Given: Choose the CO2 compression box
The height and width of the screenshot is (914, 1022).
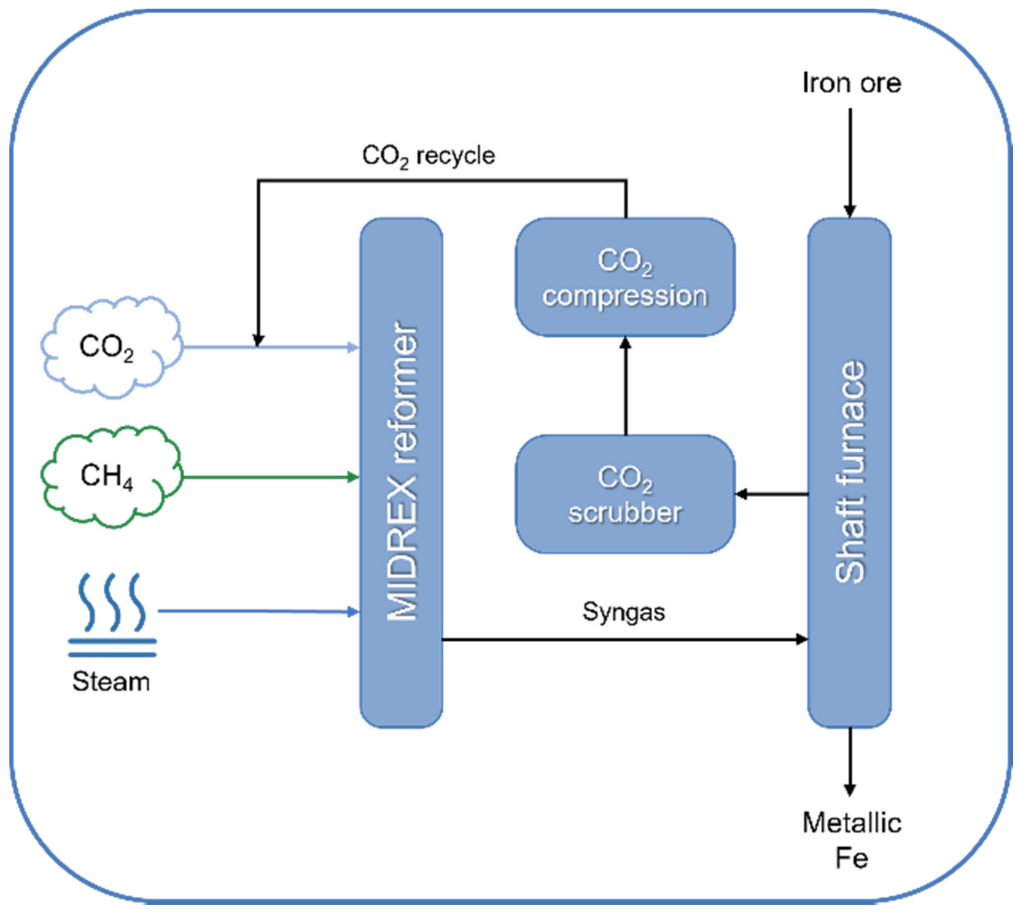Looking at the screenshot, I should tap(625, 277).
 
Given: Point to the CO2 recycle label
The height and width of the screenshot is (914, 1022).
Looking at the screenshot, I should tap(428, 156).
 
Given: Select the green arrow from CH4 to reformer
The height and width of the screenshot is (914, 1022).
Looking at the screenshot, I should tap(271, 477).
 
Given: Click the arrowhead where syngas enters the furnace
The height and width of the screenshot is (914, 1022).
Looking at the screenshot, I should tap(801, 639).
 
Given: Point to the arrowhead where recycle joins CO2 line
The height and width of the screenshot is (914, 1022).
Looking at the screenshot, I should tap(258, 340).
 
